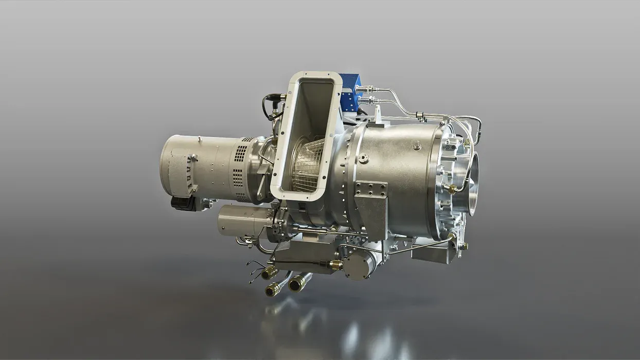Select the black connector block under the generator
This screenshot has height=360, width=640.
[183, 204]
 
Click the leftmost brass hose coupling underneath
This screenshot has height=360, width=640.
[269, 273]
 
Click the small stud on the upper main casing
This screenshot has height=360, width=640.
[416, 146]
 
